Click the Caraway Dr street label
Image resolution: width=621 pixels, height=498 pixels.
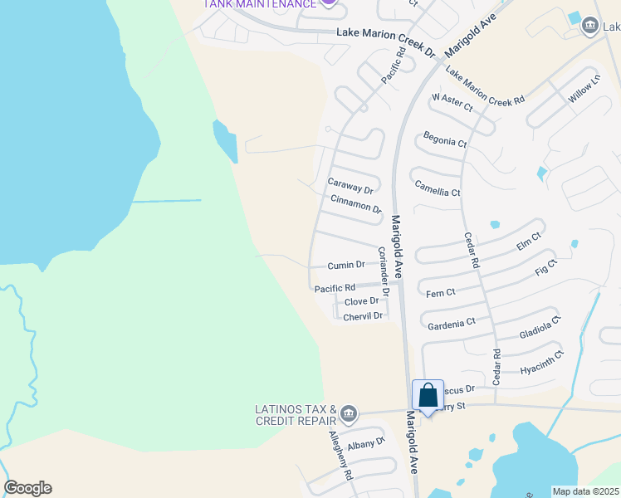350,186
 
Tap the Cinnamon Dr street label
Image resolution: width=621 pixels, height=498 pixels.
355,204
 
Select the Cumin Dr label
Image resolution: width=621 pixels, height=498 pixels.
346,265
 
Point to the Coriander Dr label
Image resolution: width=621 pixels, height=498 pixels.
384,273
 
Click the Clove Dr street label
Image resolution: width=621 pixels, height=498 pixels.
361,301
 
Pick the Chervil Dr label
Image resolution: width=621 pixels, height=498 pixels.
363,316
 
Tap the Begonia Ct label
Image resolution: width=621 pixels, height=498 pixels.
445,139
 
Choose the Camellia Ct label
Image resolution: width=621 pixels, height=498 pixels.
437,188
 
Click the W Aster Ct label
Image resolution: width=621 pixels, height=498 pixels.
452,102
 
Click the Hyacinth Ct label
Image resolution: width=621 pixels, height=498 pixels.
541,363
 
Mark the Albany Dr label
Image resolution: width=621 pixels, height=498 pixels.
367,442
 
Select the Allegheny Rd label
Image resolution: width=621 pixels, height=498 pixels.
341,456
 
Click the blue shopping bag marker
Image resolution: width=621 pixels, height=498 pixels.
428,395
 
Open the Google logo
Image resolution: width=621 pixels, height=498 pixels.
27,488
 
